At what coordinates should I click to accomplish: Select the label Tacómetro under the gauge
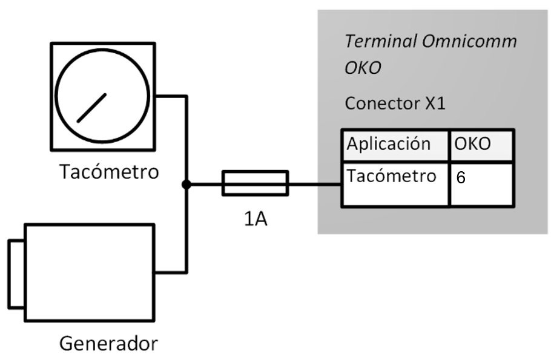[110, 172]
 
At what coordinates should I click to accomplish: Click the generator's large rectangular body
[89, 272]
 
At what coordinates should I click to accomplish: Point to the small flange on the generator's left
[16, 273]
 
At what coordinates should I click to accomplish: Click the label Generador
[108, 344]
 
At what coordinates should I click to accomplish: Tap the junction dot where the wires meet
[186, 184]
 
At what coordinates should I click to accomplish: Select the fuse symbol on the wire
[255, 183]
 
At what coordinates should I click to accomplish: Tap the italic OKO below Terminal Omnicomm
[363, 68]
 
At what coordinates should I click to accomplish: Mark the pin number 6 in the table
[461, 179]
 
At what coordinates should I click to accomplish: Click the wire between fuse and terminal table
[314, 184]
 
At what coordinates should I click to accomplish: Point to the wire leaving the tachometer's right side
[171, 96]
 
